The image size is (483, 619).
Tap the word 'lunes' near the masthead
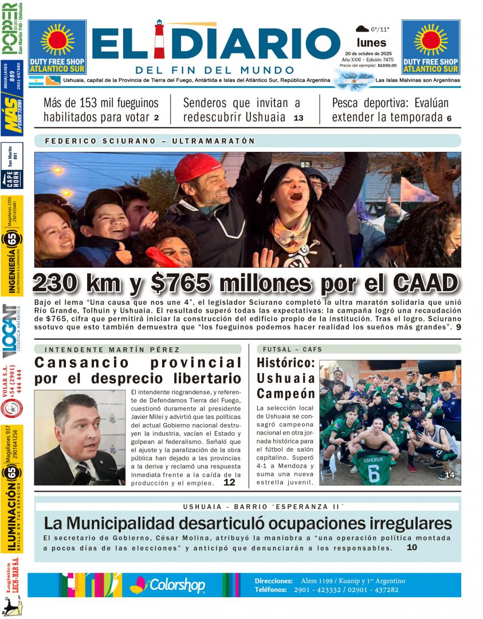pyautogui.click(x=371, y=42)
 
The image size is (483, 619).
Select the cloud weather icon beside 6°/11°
pyautogui.click(x=362, y=29)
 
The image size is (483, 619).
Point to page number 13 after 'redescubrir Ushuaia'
pyautogui.click(x=298, y=118)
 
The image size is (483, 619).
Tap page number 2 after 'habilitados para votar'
pyautogui.click(x=156, y=118)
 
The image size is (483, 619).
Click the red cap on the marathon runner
pyautogui.click(x=197, y=167)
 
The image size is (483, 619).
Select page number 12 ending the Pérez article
pyautogui.click(x=229, y=483)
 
